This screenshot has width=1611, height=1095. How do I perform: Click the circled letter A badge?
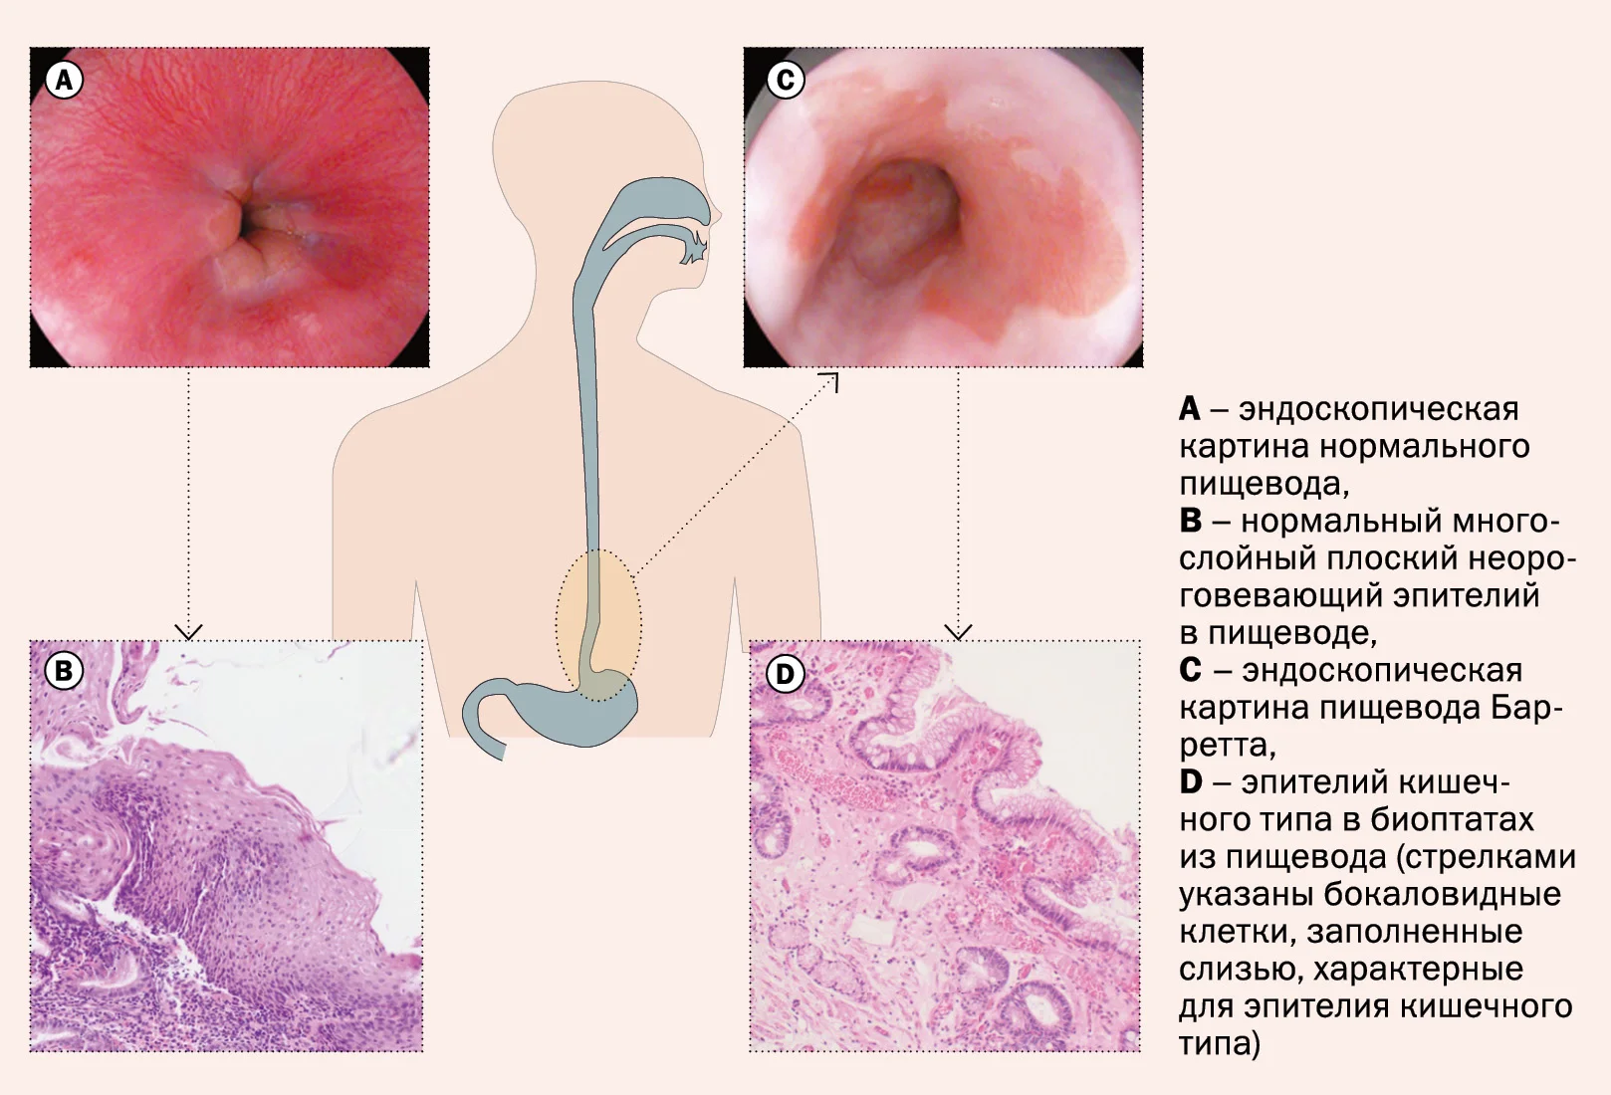click(64, 80)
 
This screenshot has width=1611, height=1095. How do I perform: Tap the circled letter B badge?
click(64, 671)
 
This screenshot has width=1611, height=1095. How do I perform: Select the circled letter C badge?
click(786, 79)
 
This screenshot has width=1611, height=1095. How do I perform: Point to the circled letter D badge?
click(786, 674)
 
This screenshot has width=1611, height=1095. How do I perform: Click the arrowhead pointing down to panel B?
click(188, 631)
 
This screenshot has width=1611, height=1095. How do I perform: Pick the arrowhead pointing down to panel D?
click(958, 631)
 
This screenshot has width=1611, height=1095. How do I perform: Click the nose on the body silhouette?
click(715, 212)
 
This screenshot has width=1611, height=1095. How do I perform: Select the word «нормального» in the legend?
click(1426, 447)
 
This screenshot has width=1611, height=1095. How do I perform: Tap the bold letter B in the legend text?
click(1190, 521)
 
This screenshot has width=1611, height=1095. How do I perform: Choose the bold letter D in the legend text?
click(1191, 782)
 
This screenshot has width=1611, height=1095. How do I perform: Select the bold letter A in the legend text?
click(1190, 409)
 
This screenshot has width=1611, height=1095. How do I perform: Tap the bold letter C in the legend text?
click(1191, 670)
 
